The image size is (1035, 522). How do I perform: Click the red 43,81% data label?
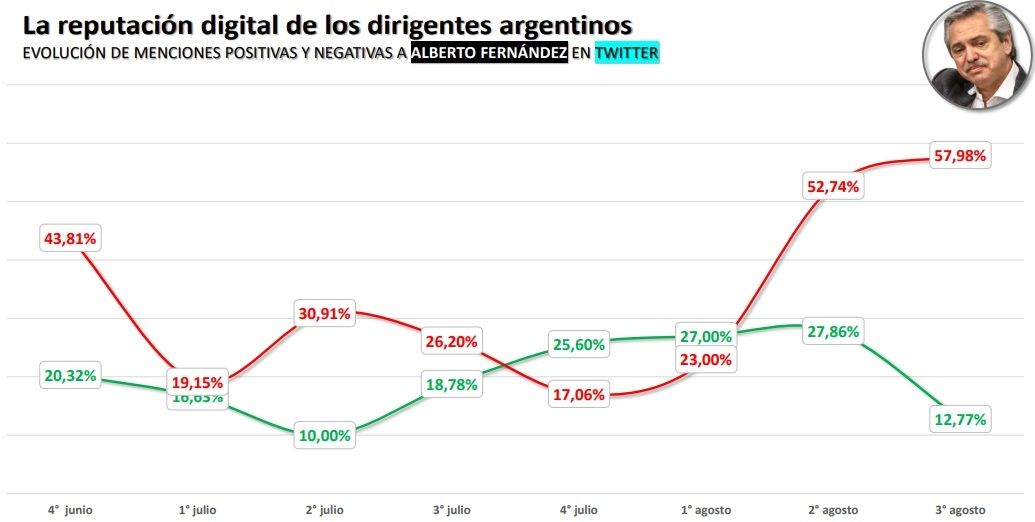(70, 238)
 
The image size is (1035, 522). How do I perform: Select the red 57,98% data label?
(959, 156)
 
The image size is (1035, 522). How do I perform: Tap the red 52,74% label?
(832, 186)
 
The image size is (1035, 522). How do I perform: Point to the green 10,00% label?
(325, 437)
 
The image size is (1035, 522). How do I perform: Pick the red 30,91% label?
(325, 314)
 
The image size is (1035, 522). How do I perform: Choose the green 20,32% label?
(70, 376)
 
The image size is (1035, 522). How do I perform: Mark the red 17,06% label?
(579, 395)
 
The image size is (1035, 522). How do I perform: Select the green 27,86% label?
(832, 332)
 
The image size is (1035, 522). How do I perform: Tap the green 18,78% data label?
(452, 386)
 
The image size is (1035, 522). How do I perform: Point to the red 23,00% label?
(706, 360)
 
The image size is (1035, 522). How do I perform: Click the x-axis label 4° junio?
(70, 510)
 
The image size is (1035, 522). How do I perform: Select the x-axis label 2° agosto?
(832, 510)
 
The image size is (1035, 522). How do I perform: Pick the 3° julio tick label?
(452, 510)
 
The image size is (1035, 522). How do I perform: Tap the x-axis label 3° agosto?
(959, 510)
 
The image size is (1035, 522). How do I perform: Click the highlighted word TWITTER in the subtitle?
(627, 54)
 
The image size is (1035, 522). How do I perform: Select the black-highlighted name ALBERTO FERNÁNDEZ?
(489, 54)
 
